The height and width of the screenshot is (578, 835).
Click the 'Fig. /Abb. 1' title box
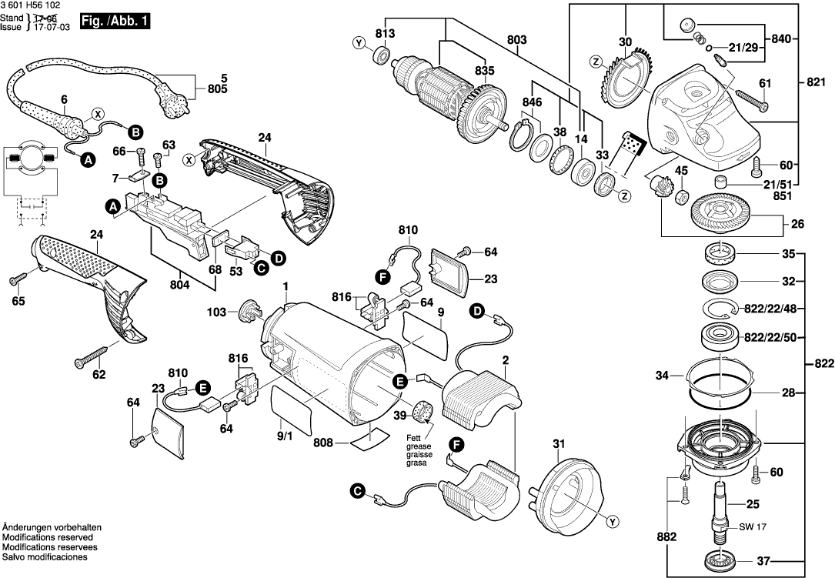tap(118, 22)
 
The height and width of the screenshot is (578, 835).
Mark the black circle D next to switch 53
tap(277, 257)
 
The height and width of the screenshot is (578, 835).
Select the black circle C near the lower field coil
tap(356, 489)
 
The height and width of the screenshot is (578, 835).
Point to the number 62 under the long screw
tap(99, 375)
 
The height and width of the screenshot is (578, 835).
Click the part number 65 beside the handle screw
tap(18, 301)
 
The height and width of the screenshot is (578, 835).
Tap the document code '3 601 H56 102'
tap(33, 6)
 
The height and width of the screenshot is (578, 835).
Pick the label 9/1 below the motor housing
tap(284, 436)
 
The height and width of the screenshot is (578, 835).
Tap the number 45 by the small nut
tap(683, 171)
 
